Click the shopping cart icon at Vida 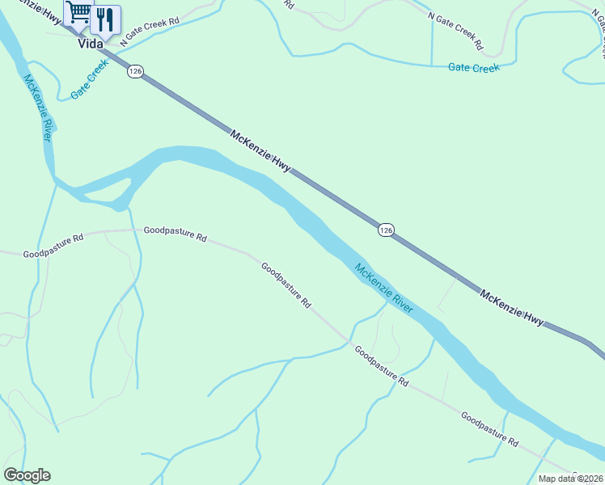(79, 14)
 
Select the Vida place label (91, 44)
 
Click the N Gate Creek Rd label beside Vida (149, 30)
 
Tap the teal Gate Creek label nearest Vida (89, 82)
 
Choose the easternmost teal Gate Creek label (474, 68)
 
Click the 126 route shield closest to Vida (135, 72)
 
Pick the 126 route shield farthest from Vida (386, 230)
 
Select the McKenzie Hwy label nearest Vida (260, 150)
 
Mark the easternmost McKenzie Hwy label (511, 307)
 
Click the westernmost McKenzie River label (38, 108)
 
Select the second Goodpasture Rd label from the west (175, 235)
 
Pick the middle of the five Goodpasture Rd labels (286, 285)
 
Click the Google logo (27, 475)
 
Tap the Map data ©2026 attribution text (570, 479)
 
